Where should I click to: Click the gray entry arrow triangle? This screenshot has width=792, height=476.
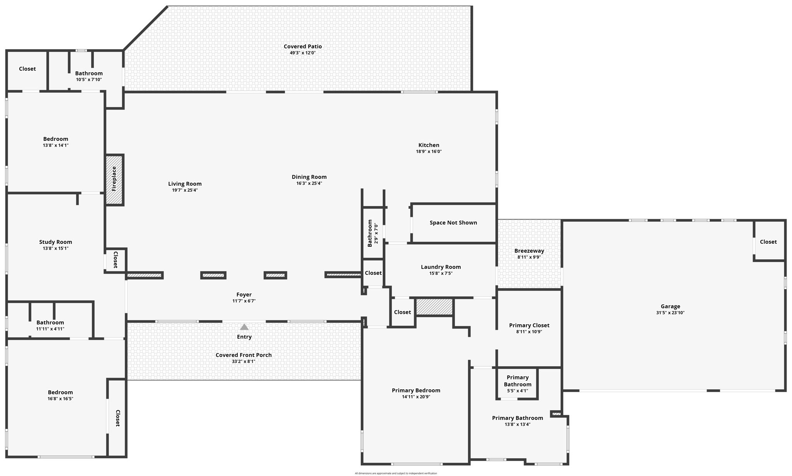click(244, 327)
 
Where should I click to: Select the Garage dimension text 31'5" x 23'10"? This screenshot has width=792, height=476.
click(670, 313)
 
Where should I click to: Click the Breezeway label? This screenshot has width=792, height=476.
click(529, 251)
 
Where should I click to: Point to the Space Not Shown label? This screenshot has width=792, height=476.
click(453, 223)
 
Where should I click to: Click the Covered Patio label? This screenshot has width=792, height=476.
click(302, 46)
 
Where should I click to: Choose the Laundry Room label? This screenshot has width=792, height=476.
click(441, 267)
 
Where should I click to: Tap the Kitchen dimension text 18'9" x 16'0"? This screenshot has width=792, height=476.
click(428, 152)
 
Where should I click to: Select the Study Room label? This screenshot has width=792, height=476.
click(55, 242)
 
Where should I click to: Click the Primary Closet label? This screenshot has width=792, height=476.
click(529, 325)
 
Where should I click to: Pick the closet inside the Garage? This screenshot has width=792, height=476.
click(768, 242)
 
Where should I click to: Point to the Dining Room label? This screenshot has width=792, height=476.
click(309, 177)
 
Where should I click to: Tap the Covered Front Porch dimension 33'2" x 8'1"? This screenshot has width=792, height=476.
click(244, 361)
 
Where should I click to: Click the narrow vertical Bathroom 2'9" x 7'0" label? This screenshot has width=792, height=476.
click(370, 233)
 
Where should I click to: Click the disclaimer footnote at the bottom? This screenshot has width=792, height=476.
click(396, 473)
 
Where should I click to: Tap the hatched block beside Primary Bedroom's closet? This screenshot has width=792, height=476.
click(434, 307)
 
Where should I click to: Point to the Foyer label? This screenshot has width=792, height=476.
click(244, 295)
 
